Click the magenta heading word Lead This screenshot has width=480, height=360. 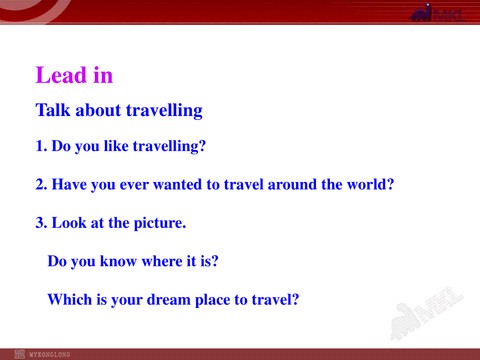(x=61, y=75)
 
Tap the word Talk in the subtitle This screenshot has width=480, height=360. (x=53, y=110)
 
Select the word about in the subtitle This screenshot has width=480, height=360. (x=98, y=110)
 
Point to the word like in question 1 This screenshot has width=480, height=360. (x=116, y=146)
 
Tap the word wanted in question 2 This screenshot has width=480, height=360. (x=177, y=184)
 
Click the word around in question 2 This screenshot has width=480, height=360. (x=292, y=184)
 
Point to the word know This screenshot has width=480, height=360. (x=118, y=261)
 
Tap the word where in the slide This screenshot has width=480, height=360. (x=162, y=261)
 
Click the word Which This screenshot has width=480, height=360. (x=70, y=299)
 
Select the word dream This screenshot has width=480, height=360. (x=169, y=299)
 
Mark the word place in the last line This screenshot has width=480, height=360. (x=212, y=300)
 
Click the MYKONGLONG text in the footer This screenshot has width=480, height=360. (x=50, y=354)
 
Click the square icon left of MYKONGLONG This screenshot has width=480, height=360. (x=20, y=354)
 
